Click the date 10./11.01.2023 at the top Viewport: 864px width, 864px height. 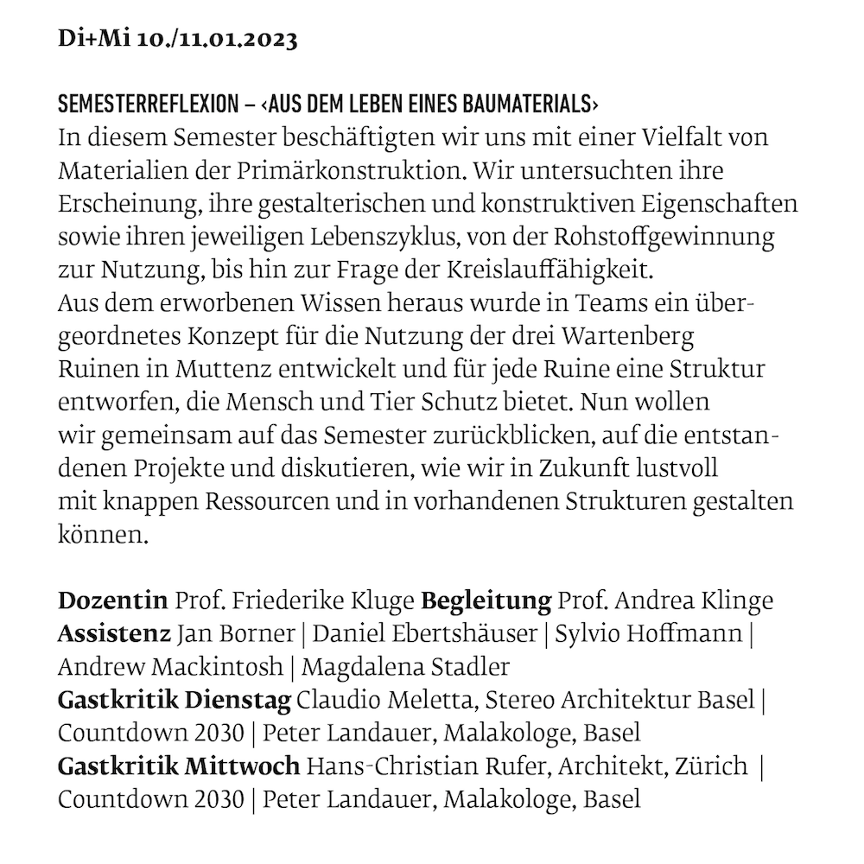(217, 41)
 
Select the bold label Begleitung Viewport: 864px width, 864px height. (486, 600)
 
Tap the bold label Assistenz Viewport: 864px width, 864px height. (113, 633)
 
